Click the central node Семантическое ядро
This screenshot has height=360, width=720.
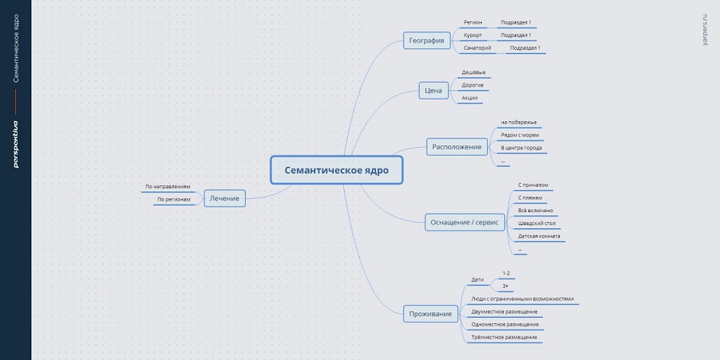pos(336,170)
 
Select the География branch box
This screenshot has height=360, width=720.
pos(426,41)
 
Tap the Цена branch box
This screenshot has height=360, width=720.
pos(434,90)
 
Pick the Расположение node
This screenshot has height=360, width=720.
pos(457,147)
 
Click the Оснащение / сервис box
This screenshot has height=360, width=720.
pos(465,222)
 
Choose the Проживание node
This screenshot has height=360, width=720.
pos(430,314)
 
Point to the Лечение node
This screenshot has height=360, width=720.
pos(224,198)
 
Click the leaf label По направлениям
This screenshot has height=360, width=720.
pos(168,187)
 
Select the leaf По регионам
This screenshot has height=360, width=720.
pos(174,199)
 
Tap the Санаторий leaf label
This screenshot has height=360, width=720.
pos(477,47)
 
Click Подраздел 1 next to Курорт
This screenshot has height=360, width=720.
pos(515,35)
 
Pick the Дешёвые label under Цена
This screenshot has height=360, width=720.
pos(473,73)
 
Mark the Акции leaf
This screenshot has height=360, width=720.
pos(470,98)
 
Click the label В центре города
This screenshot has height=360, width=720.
pos(521,148)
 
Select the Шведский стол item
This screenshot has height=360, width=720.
pos(537,223)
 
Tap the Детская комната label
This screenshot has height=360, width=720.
pos(538,236)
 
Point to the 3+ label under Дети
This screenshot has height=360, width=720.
pos(505,286)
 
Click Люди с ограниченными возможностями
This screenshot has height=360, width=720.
pos(522,299)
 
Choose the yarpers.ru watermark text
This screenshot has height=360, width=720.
pos(705,29)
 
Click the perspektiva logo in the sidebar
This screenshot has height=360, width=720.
pos(15,144)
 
